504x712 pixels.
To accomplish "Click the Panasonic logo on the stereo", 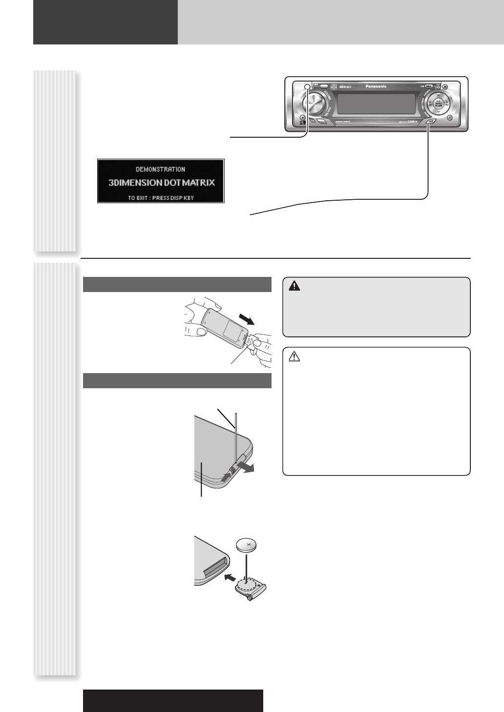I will (376, 86).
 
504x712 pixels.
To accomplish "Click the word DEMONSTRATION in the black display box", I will (160, 169).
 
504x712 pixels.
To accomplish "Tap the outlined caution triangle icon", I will (294, 357).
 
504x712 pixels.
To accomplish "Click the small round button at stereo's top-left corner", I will (307, 87).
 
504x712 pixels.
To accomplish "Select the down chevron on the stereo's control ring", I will (438, 112).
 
